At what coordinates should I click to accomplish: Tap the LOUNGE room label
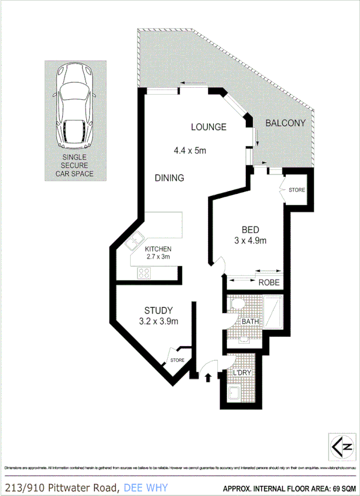[209, 127]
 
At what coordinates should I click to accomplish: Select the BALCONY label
[286, 123]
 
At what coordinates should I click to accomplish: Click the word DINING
[169, 178]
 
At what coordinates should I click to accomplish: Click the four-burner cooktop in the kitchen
[144, 273]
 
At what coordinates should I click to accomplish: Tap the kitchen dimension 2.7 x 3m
[157, 257]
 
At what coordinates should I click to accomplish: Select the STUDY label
[158, 311]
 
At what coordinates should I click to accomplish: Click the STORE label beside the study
[177, 360]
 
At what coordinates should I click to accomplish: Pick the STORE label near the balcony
[297, 190]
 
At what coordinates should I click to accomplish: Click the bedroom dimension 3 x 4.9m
[250, 241]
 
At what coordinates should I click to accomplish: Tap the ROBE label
[269, 283]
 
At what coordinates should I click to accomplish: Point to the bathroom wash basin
[243, 340]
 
